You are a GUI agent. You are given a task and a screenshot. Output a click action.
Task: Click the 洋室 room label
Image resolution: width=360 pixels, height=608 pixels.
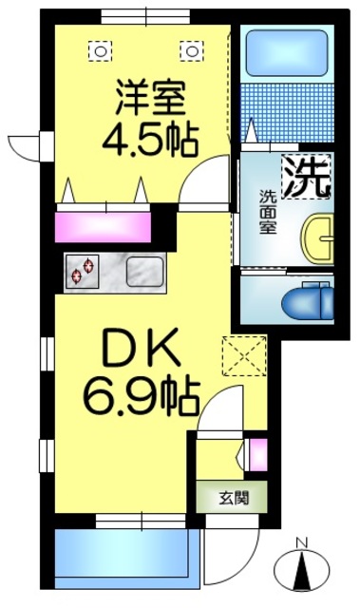pos(150,98)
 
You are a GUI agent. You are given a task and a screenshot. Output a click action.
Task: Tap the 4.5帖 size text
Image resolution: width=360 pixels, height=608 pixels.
pos(150,139)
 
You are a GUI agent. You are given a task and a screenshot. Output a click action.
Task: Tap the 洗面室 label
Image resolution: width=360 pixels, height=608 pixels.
pos(269,213)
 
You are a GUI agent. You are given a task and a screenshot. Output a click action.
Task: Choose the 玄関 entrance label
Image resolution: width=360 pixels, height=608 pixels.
pos(230,496)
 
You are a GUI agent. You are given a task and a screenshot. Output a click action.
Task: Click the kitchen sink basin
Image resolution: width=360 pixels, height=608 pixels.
pos(144,272)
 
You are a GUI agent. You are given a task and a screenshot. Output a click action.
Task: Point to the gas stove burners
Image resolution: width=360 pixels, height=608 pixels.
pos(84,271)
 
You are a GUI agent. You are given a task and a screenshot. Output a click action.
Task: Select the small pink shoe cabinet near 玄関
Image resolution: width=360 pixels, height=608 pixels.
pos(256,456)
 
